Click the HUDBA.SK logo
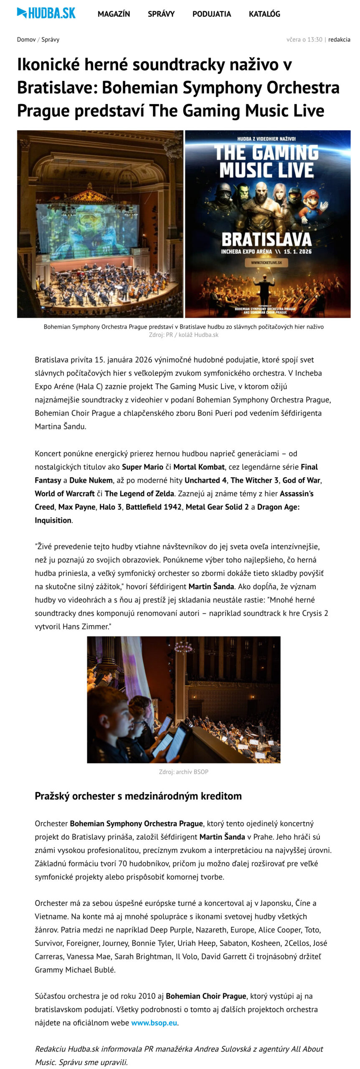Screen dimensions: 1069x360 [x=46, y=13]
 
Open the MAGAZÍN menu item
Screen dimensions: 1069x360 [x=114, y=14]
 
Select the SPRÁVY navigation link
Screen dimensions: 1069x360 [x=161, y=14]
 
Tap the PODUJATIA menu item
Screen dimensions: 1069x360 [x=211, y=14]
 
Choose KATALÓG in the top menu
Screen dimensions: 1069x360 [x=264, y=14]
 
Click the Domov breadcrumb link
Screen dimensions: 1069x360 [x=26, y=39]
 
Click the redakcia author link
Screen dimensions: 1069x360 [x=339, y=39]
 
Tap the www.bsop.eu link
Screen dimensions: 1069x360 [x=154, y=1023]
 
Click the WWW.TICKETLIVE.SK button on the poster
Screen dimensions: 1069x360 [x=266, y=263]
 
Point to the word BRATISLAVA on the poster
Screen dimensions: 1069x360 [x=266, y=239]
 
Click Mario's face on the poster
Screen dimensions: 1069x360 [x=310, y=198]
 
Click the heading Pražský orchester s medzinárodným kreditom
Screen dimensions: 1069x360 [x=138, y=796]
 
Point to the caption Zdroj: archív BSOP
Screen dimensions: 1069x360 [x=183, y=772]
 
